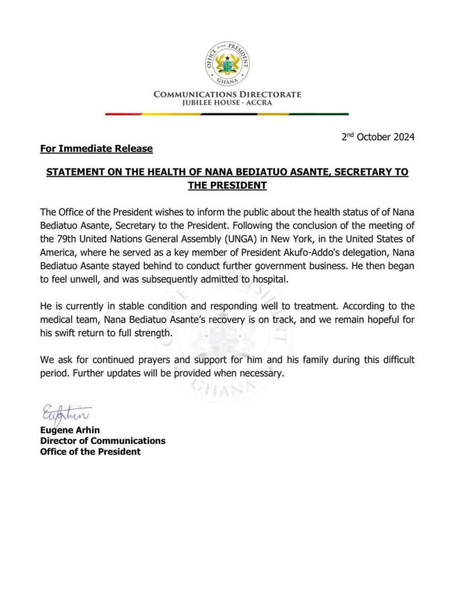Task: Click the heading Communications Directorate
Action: [227, 94]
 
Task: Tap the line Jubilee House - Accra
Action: [227, 103]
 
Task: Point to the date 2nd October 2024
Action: [377, 137]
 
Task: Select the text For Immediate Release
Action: [97, 149]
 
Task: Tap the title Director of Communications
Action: [102, 441]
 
